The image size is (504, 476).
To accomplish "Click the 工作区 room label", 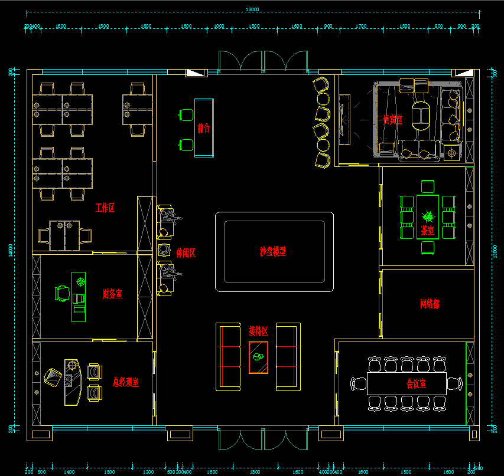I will [105, 208].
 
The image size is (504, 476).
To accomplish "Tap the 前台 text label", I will [204, 128].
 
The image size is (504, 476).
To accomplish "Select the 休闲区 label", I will [186, 253].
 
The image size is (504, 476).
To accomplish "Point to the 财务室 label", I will [112, 294].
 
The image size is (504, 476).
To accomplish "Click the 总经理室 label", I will [125, 382].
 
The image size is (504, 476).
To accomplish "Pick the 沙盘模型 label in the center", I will [273, 251].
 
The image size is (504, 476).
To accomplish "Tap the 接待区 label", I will [258, 331].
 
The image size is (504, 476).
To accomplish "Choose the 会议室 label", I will [417, 383].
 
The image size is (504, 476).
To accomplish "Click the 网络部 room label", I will [430, 304].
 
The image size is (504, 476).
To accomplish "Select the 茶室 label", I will [428, 231].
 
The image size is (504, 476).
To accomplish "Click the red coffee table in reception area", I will [258, 357].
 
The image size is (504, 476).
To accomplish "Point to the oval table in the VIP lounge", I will [421, 114].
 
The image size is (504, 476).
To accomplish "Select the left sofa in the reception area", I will [228, 356].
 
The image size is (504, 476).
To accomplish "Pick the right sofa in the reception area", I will [288, 356].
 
